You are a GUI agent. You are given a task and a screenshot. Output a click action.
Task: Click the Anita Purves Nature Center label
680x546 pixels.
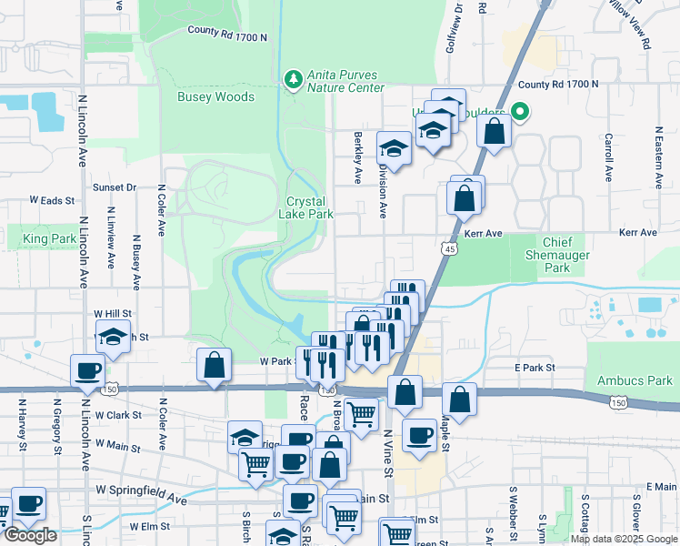tap(345, 82)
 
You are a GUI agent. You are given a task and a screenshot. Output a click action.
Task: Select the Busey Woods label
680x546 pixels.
tap(216, 96)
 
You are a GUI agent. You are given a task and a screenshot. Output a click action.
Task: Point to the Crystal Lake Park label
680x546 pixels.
tap(310, 208)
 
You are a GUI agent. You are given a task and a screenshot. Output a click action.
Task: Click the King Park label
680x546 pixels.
tap(50, 239)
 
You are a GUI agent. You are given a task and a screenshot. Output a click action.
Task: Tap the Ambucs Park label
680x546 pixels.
tap(635, 380)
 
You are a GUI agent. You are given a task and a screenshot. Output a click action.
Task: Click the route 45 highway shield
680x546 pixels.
tap(451, 248)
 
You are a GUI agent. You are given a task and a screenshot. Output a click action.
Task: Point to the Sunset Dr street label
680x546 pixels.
tap(115, 187)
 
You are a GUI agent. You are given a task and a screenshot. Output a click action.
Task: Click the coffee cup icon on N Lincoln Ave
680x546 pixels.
tap(89, 371)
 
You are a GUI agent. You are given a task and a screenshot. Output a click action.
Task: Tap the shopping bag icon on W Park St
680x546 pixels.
tap(214, 366)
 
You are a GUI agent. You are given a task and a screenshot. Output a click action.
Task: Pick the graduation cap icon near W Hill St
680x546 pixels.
tap(113, 338)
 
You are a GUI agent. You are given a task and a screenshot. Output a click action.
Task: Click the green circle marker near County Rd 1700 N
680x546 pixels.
tap(519, 114)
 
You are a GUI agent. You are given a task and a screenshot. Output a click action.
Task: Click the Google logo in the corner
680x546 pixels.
tap(30, 535)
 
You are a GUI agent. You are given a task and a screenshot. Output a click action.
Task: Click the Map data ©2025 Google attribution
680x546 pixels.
tap(623, 539)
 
